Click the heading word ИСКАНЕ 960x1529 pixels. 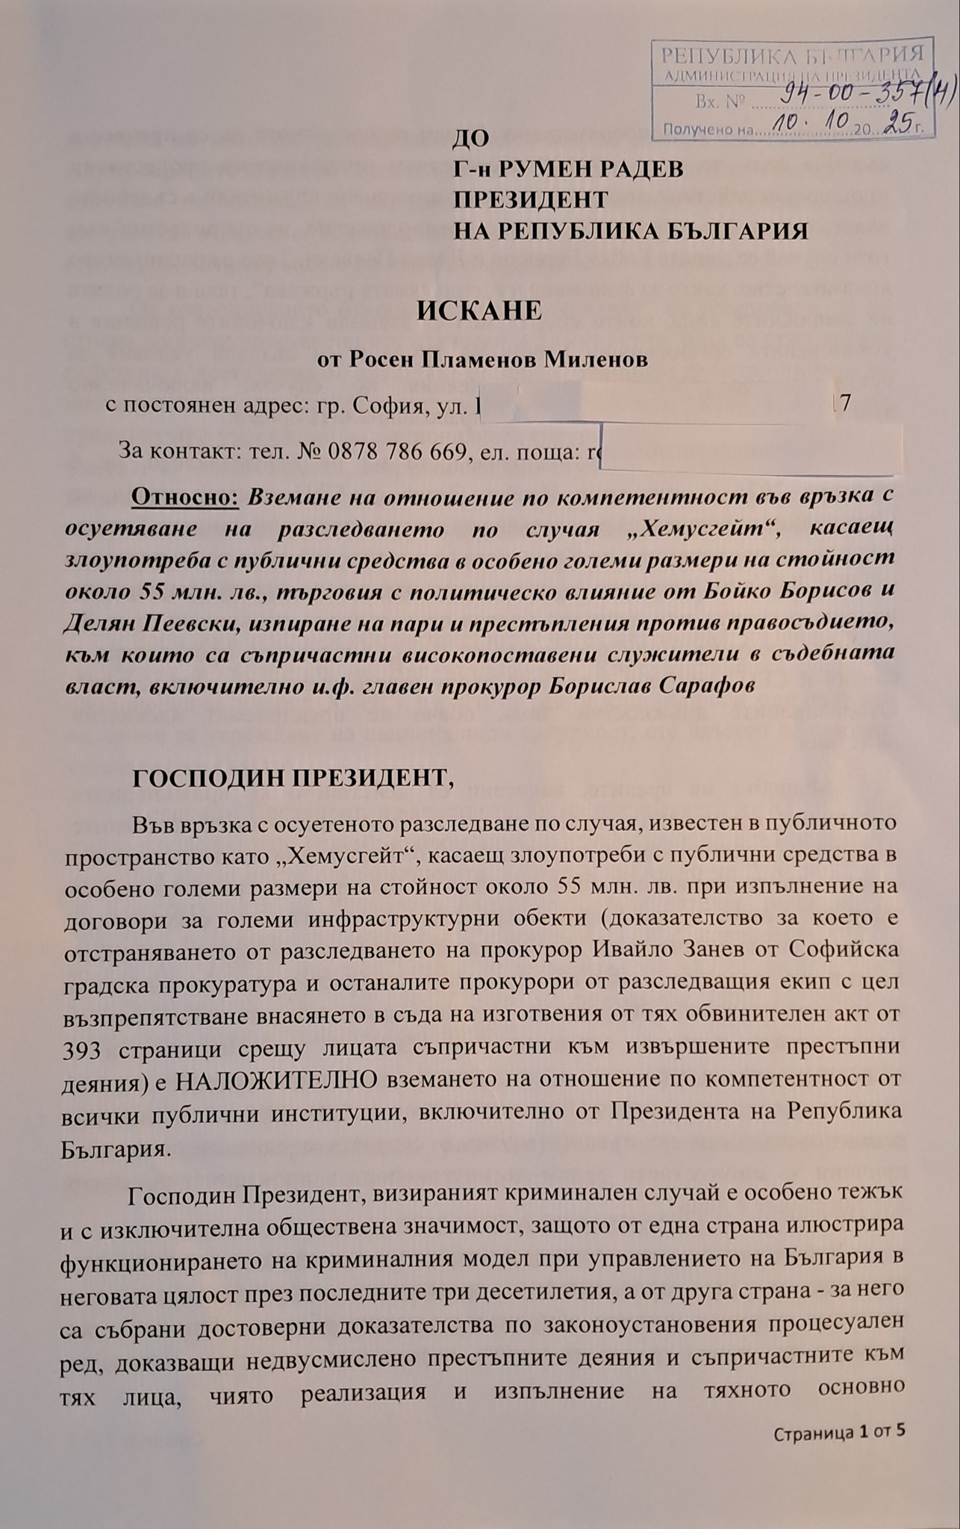pyautogui.click(x=479, y=311)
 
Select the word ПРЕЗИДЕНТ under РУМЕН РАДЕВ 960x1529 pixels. pyautogui.click(x=532, y=200)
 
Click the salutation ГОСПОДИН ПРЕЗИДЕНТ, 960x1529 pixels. pyautogui.click(x=293, y=778)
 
